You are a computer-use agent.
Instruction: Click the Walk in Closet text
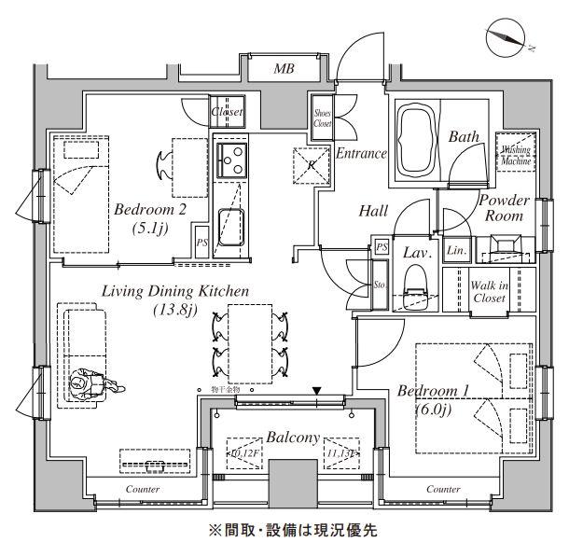coord(490,291)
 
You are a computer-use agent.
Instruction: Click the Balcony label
coord(294,437)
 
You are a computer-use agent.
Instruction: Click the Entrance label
coord(361,154)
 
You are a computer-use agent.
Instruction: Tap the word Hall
coord(373,212)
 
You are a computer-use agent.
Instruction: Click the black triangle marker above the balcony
coord(317,391)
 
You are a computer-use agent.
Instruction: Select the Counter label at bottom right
coord(443,489)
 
